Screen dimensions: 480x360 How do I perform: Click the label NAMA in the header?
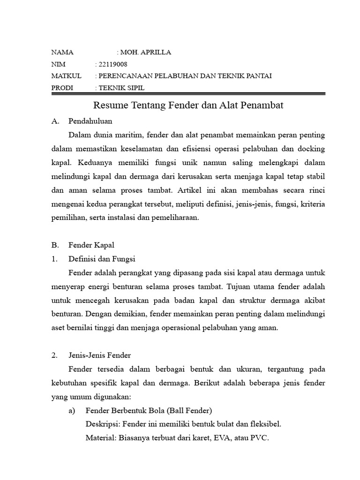(x=62, y=52)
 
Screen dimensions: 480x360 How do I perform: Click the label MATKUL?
(x=66, y=76)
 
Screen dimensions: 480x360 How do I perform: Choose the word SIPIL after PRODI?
(x=135, y=88)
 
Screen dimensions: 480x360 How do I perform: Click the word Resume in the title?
(x=108, y=106)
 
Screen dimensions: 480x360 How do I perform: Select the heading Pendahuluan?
(x=90, y=121)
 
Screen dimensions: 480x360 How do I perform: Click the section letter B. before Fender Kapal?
(x=54, y=245)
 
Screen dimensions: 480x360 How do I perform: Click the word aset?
(x=58, y=328)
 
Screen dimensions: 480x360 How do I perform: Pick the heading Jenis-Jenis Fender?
(x=100, y=355)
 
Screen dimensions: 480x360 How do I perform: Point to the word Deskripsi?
(x=101, y=425)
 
